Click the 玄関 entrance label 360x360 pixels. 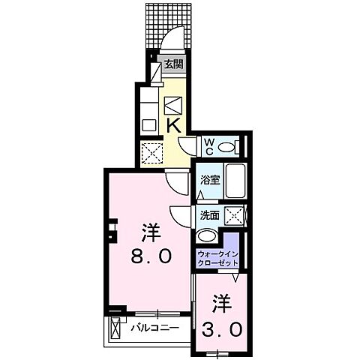tap(173, 64)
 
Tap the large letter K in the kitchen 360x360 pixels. tap(172, 126)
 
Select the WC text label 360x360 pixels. tap(209, 145)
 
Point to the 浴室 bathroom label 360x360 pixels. tap(209, 180)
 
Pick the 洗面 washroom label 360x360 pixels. tap(209, 216)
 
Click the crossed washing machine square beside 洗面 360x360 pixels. tap(235, 217)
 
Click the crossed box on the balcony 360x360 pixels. tap(115, 328)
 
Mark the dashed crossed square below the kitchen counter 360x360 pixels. tap(152, 152)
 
